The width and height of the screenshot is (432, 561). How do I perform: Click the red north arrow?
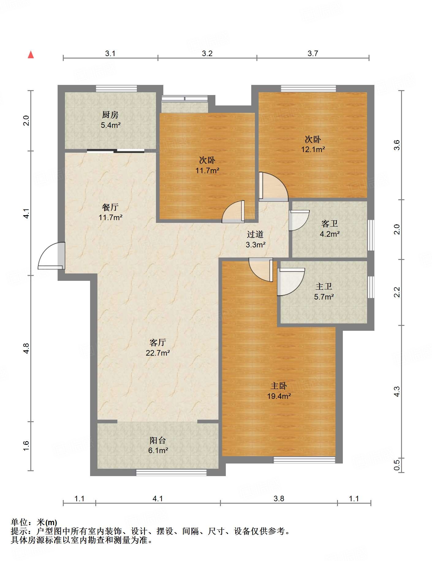[31, 55]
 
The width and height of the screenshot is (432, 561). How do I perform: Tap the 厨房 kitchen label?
[110, 115]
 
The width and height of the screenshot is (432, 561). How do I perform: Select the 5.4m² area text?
[111, 125]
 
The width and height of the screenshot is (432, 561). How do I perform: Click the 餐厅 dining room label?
[110, 207]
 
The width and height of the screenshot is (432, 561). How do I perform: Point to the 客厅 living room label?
[158, 342]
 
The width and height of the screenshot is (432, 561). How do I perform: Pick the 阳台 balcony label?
[158, 440]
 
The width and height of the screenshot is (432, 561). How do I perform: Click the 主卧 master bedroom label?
[279, 386]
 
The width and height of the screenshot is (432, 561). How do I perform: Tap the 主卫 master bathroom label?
[324, 286]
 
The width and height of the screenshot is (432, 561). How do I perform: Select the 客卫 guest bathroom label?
[330, 224]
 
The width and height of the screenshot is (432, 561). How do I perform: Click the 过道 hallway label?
[255, 235]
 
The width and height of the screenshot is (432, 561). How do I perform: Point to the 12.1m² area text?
[313, 149]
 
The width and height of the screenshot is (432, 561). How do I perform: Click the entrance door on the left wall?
[51, 256]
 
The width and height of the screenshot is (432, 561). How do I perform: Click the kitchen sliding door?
[116, 151]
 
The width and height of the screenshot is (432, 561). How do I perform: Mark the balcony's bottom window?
[171, 473]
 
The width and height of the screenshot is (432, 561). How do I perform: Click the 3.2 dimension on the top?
[207, 53]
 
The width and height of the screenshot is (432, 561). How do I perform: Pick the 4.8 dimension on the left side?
[26, 349]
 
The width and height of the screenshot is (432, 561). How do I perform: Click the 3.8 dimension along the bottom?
[279, 499]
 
